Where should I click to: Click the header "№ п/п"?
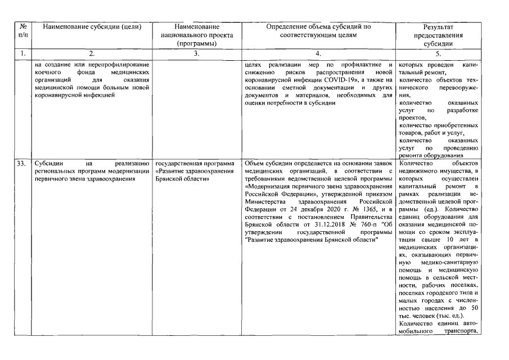22,30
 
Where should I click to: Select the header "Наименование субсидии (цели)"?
92,26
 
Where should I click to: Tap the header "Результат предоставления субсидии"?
440,35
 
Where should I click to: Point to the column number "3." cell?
196,54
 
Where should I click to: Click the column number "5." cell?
440,54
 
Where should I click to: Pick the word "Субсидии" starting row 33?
49,164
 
